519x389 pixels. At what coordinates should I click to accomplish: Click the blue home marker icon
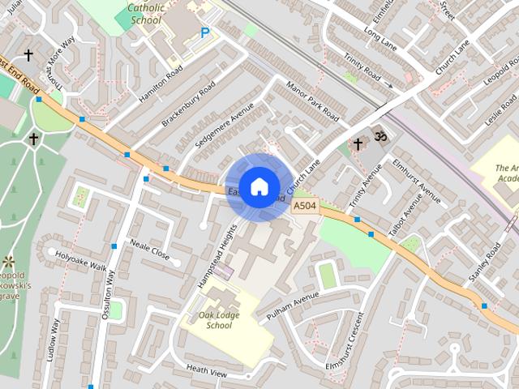[259, 186]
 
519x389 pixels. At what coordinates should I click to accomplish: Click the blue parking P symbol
[204, 33]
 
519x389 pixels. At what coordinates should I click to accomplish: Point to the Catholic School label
[144, 13]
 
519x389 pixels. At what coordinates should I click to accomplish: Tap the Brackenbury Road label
[188, 106]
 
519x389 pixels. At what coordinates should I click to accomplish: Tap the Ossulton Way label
[109, 293]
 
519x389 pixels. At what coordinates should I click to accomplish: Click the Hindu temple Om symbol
[379, 133]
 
